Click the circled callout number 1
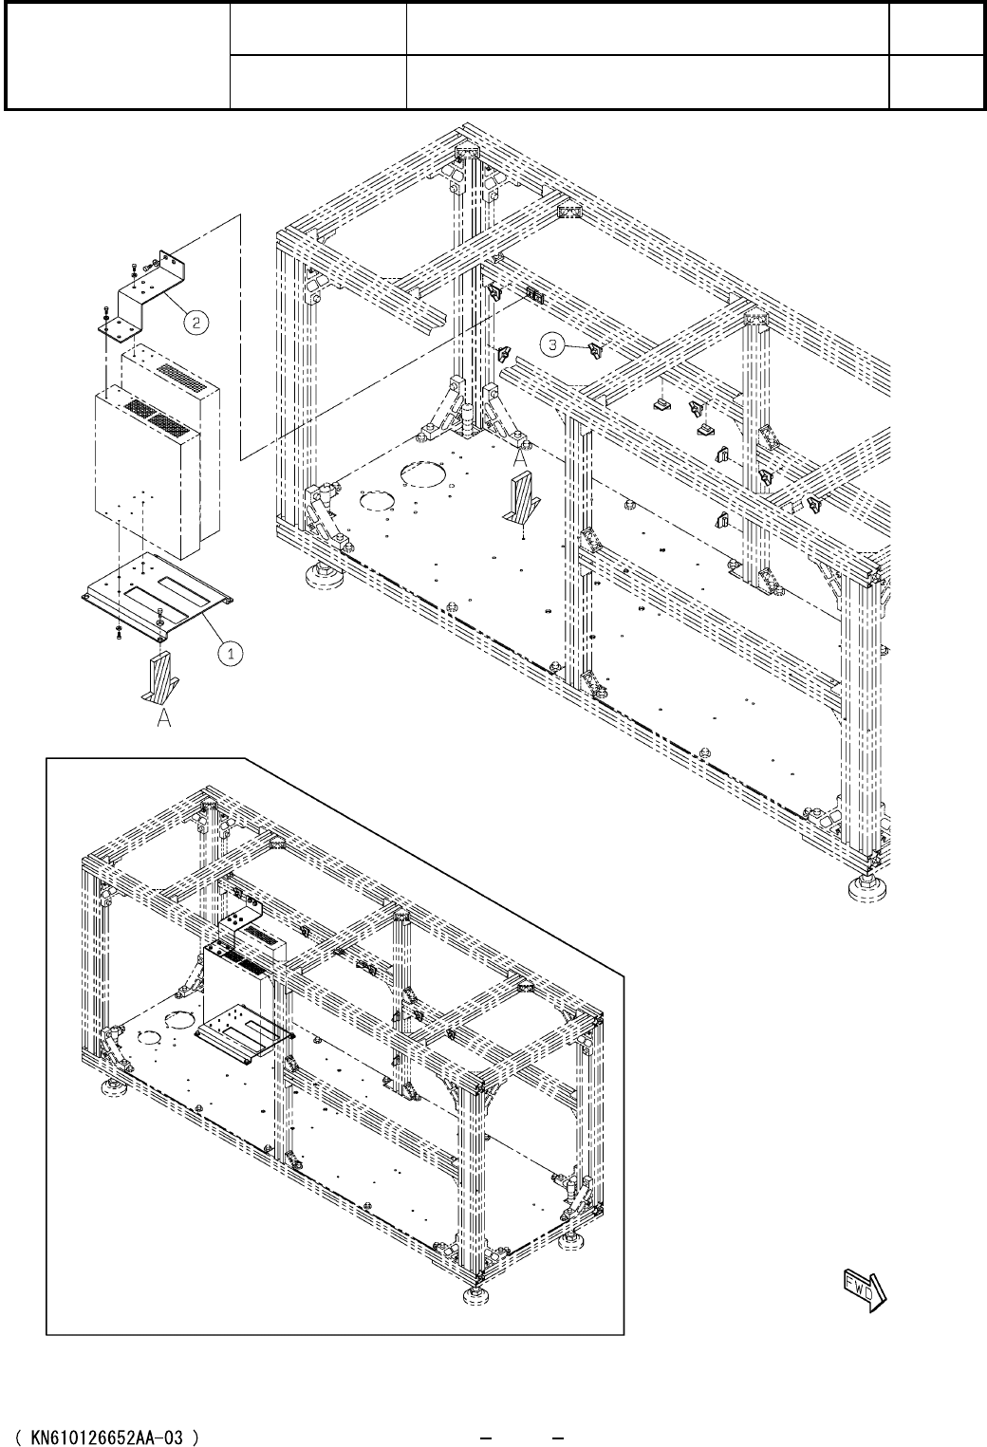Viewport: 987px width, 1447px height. [x=229, y=652]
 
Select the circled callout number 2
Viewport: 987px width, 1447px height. [x=196, y=323]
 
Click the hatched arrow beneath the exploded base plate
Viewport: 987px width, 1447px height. [x=157, y=677]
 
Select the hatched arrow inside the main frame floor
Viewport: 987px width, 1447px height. [x=522, y=499]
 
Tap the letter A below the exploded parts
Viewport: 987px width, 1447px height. [x=163, y=721]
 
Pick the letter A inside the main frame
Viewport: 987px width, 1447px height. [x=520, y=457]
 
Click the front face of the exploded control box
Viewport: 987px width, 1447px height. [x=142, y=474]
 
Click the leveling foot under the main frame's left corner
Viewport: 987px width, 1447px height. [x=320, y=575]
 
